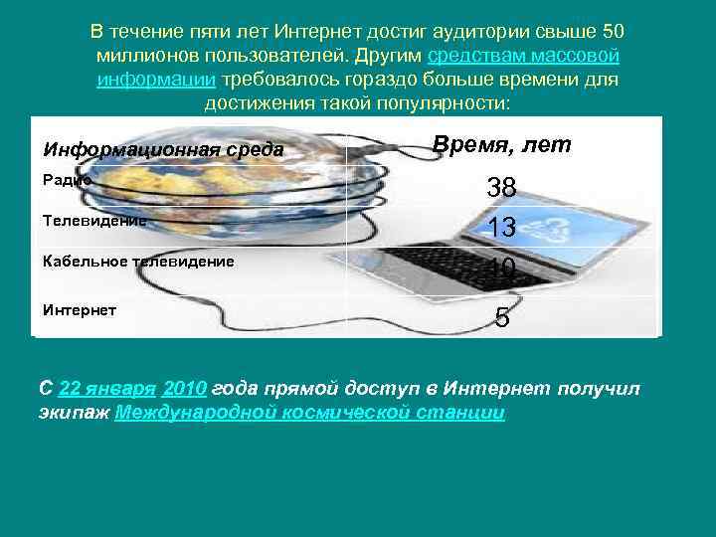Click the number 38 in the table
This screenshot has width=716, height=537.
(x=501, y=188)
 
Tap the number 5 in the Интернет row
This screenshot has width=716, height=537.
(x=502, y=317)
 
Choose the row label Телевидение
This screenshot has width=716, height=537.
(x=94, y=221)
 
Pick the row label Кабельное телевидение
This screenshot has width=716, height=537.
(x=138, y=262)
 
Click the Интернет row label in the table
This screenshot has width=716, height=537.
(x=80, y=309)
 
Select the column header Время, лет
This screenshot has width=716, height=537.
(x=502, y=145)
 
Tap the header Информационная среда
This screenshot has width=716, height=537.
(x=162, y=150)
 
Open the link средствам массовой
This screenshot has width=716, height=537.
(x=523, y=54)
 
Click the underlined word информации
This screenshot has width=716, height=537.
(x=156, y=78)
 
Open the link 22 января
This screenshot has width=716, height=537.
(x=107, y=388)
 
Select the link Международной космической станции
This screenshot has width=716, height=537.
(x=310, y=413)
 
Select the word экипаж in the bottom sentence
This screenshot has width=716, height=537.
(x=75, y=413)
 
